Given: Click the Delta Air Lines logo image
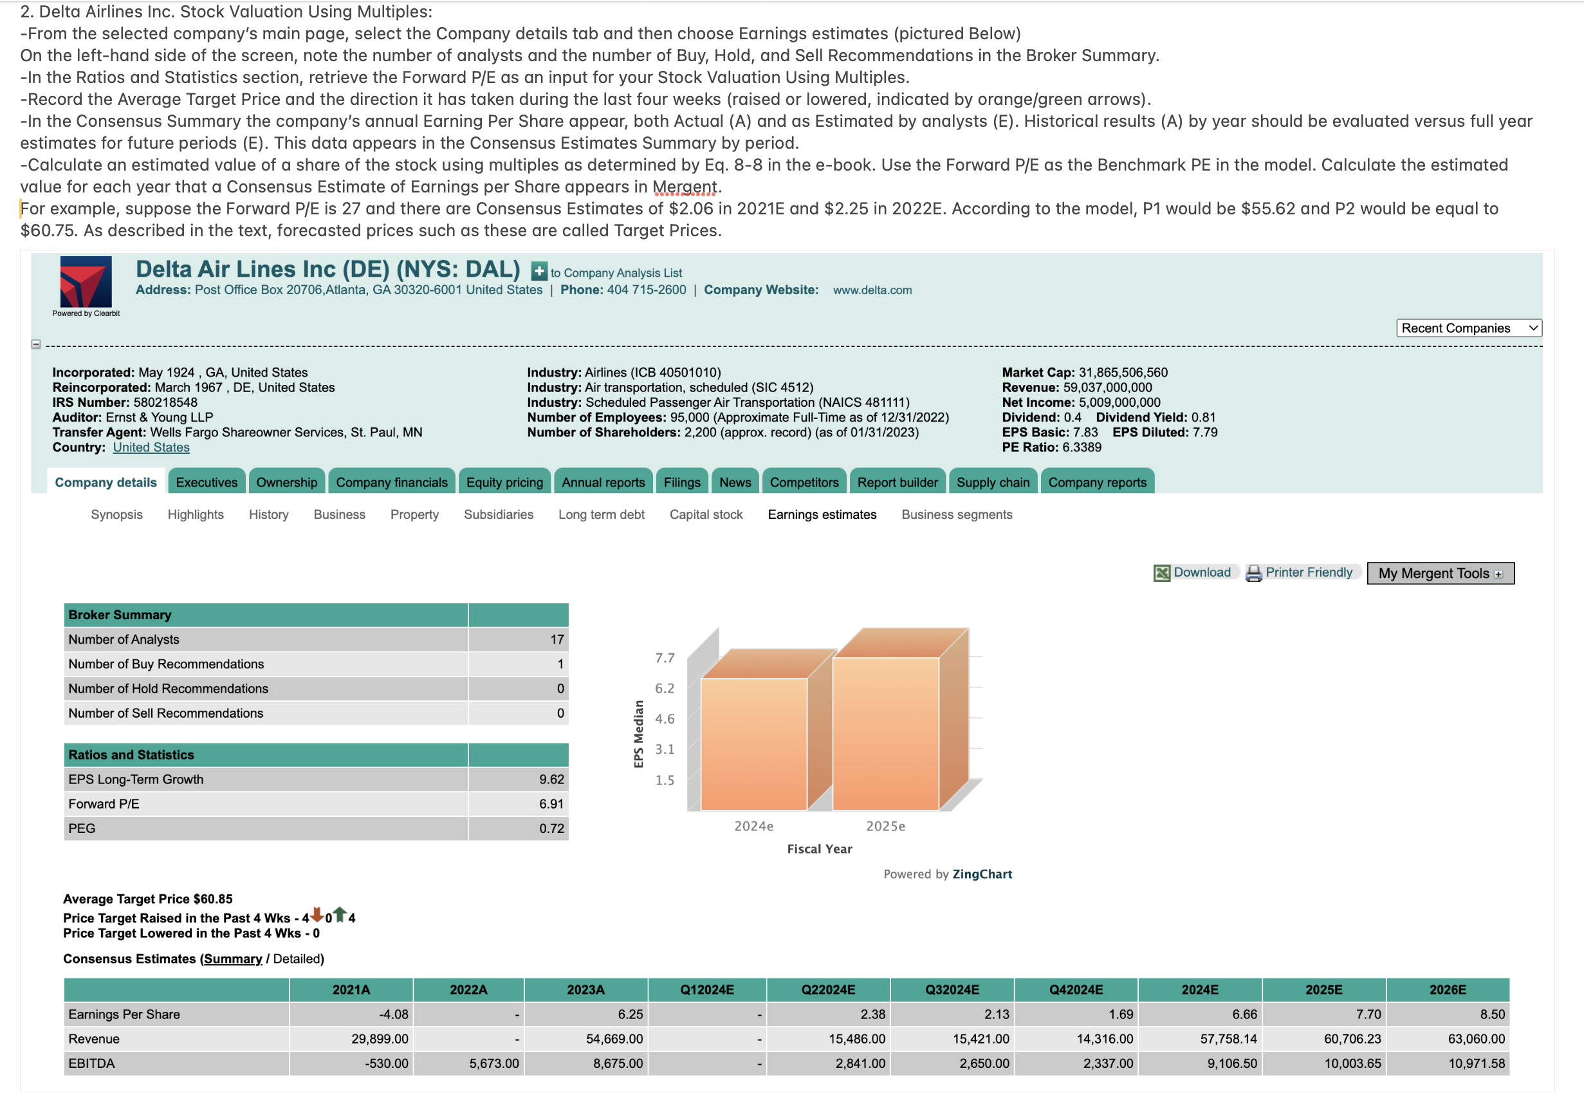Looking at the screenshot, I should pyautogui.click(x=86, y=281).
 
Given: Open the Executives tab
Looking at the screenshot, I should pyautogui.click(x=206, y=482).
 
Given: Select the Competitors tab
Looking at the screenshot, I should pyautogui.click(x=804, y=482).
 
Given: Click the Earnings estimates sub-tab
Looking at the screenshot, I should pyautogui.click(x=822, y=514).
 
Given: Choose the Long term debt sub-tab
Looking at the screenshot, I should pyautogui.click(x=601, y=514).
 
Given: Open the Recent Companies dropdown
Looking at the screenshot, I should pyautogui.click(x=1468, y=328).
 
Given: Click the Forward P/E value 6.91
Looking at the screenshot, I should pyautogui.click(x=551, y=803).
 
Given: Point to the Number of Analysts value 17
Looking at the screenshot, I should pyautogui.click(x=557, y=639).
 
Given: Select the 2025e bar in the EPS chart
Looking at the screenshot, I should pyautogui.click(x=886, y=733).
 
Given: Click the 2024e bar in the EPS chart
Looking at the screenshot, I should pyautogui.click(x=753, y=743).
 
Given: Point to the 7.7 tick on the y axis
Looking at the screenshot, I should pyautogui.click(x=664, y=657).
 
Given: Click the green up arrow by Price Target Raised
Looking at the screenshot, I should pyautogui.click(x=340, y=914).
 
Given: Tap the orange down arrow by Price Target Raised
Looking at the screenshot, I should pyautogui.click(x=317, y=914).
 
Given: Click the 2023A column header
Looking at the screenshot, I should pyautogui.click(x=585, y=989).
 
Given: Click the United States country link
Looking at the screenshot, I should pyautogui.click(x=151, y=447).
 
